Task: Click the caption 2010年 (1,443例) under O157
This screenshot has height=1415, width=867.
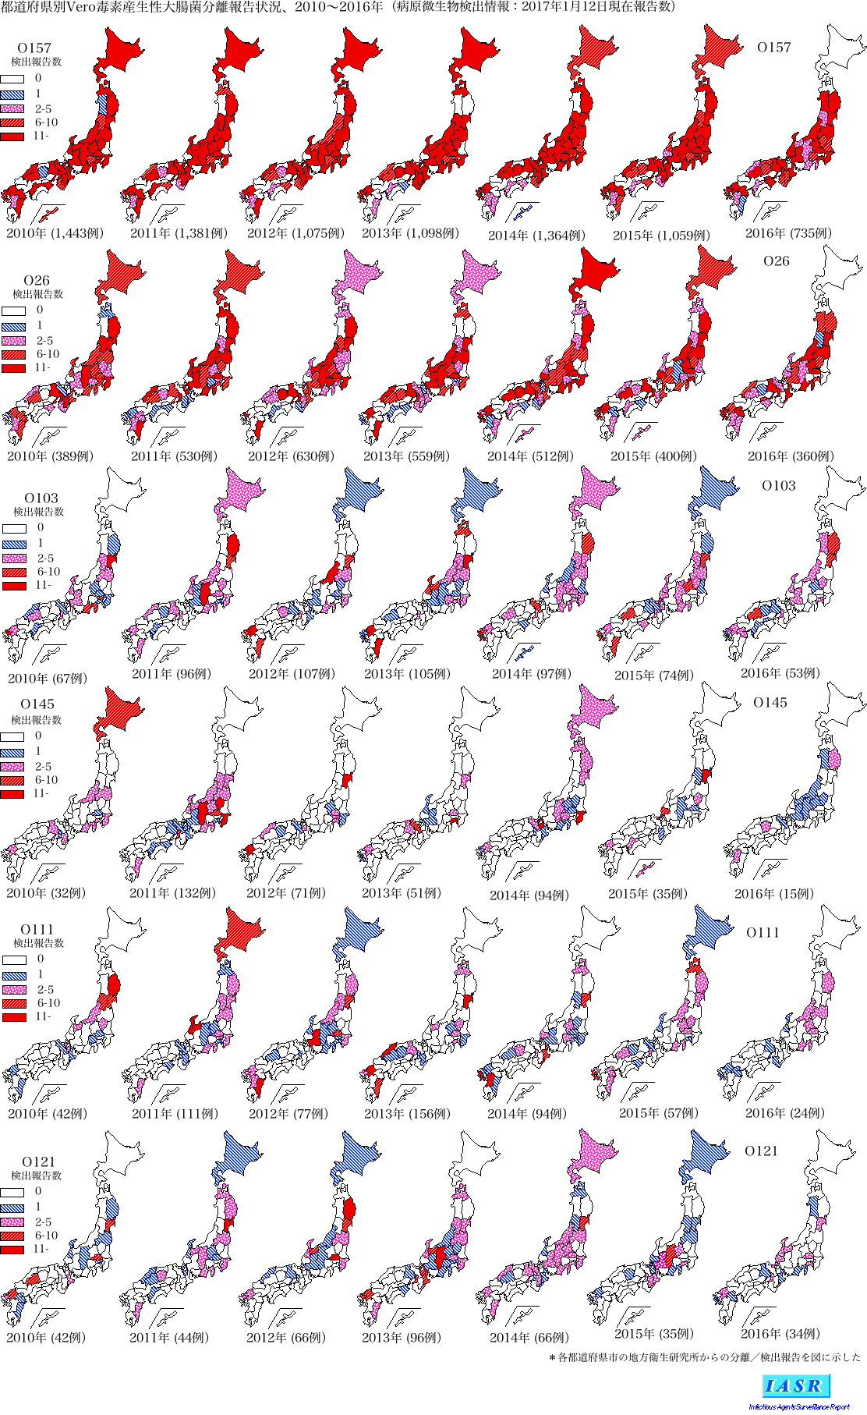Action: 55,233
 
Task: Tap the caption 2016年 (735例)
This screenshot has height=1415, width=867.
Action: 787,233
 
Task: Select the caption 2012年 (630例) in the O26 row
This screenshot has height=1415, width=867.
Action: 291,456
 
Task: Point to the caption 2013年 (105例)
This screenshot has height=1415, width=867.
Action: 406,674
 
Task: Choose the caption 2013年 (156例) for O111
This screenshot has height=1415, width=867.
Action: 406,1114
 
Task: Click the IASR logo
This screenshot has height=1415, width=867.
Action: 795,1386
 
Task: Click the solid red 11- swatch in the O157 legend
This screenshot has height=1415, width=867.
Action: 12,137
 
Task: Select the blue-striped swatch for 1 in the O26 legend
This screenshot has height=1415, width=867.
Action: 14,326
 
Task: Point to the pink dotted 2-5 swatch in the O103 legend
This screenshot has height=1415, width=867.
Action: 15,559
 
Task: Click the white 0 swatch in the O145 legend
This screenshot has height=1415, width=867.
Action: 12,736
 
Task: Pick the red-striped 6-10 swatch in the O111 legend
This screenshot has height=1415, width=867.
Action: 15,1003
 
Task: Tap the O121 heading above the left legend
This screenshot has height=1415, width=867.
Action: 38,1161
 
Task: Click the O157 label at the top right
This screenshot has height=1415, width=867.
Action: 773,48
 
